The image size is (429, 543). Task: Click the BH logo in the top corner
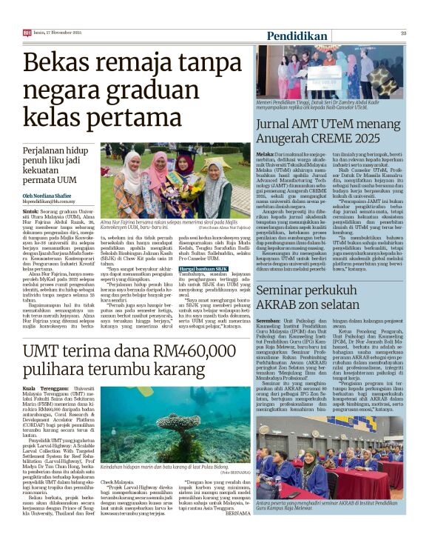(x=27, y=33)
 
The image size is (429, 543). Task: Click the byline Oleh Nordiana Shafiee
(x=52, y=196)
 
